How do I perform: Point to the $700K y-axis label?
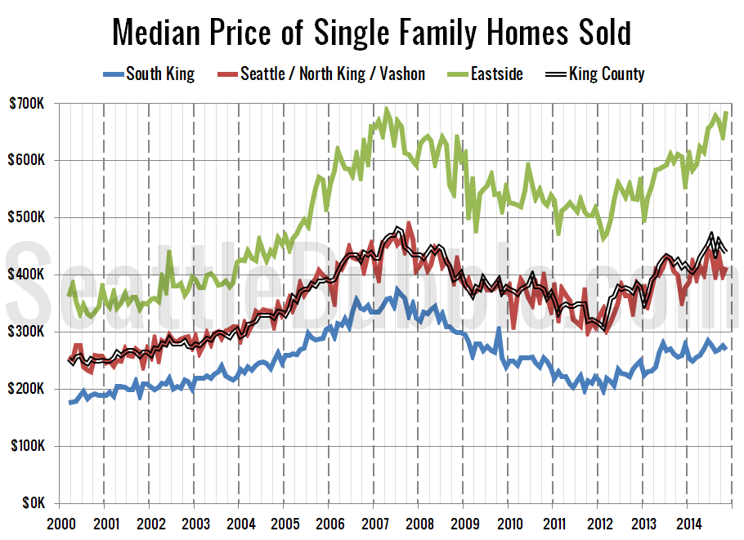[27, 103]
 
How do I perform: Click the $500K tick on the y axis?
[27, 217]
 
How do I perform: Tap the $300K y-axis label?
[27, 332]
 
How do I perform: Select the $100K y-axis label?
[27, 446]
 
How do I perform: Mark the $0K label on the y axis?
[32, 503]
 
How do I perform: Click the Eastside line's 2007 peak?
[387, 108]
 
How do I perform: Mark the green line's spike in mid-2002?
[169, 252]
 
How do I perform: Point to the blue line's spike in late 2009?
[499, 328]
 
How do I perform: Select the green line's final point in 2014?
[726, 113]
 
